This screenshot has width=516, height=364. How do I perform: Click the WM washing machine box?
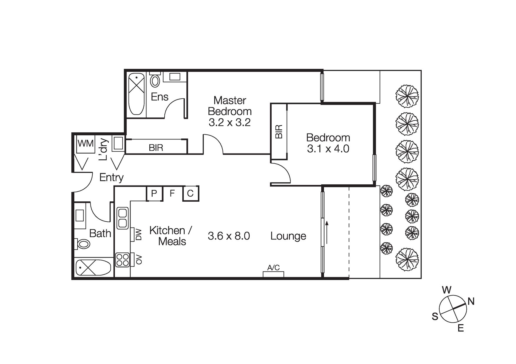(x=85, y=144)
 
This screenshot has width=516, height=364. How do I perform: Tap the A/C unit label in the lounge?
(x=273, y=268)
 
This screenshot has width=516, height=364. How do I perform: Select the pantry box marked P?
(x=154, y=193)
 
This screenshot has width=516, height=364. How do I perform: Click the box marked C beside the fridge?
(x=191, y=193)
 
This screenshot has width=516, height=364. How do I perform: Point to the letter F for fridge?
(x=172, y=193)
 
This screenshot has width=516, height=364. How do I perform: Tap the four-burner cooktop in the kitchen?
(x=122, y=259)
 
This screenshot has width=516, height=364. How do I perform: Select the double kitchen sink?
(x=122, y=218)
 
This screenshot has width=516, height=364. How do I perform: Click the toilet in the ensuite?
(x=155, y=80)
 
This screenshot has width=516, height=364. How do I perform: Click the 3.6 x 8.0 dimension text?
(x=229, y=236)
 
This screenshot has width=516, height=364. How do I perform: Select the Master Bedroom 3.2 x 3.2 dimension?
(x=230, y=122)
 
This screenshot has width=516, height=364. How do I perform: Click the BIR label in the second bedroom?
(x=279, y=132)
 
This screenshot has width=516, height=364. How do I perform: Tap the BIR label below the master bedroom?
(x=156, y=148)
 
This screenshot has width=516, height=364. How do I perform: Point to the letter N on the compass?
(x=471, y=301)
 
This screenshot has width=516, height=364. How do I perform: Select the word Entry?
(x=111, y=177)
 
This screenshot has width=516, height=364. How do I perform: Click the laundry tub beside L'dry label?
(x=118, y=144)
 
